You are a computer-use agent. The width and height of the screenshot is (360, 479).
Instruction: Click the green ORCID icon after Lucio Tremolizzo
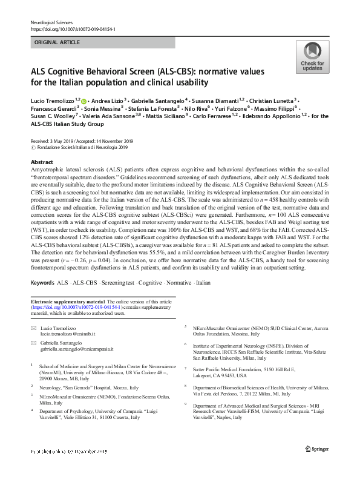point(83,101)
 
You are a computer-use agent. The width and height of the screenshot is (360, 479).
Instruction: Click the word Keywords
point(42,283)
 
